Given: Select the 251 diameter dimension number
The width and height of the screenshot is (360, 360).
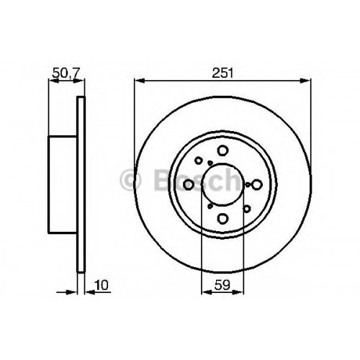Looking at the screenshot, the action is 222,73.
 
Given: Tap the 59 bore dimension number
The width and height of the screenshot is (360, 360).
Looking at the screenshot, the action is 222,285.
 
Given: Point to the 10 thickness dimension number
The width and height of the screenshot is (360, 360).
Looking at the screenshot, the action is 102,285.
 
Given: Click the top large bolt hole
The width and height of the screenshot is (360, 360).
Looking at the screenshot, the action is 222,150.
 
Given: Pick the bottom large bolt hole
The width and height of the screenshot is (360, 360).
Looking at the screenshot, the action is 222,218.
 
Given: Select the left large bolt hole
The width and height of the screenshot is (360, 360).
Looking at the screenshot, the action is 189,184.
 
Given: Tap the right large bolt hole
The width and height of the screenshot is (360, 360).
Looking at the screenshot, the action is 256,184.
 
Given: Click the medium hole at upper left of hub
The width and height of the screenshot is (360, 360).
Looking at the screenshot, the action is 198,161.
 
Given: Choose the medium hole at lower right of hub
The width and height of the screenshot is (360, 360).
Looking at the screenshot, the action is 247,209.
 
